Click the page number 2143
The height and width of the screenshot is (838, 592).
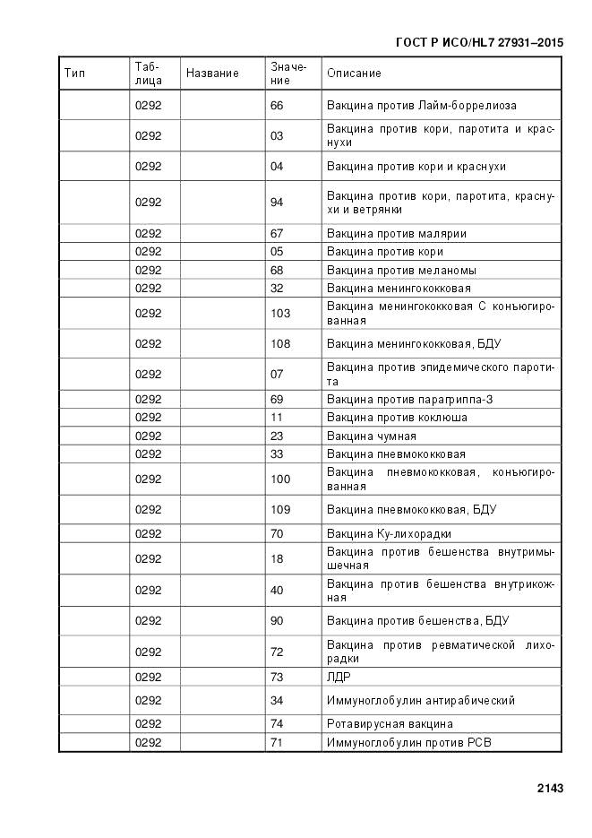tap(550, 789)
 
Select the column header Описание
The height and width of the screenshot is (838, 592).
tap(354, 73)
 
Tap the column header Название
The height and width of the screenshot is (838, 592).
tap(212, 73)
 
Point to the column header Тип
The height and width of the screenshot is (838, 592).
tap(75, 73)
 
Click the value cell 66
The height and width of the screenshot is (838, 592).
tap(276, 106)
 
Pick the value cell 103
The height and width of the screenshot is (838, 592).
tap(279, 314)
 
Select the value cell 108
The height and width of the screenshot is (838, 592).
tap(279, 343)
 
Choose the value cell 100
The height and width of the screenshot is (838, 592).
tap(279, 479)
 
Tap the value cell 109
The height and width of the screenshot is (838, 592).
tap(279, 510)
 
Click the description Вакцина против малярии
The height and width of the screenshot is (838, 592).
tap(396, 234)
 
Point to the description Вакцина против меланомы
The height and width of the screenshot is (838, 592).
tap(401, 271)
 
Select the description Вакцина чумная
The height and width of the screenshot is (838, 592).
tap(371, 436)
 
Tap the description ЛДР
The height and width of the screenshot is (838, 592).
tap(338, 677)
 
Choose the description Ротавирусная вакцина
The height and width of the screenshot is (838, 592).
tap(390, 724)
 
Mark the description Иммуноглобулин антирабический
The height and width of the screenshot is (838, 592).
tap(420, 701)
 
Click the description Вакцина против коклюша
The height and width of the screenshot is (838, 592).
tap(397, 418)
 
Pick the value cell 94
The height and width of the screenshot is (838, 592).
tap(276, 203)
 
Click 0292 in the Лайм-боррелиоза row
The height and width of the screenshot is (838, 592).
tap(149, 106)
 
